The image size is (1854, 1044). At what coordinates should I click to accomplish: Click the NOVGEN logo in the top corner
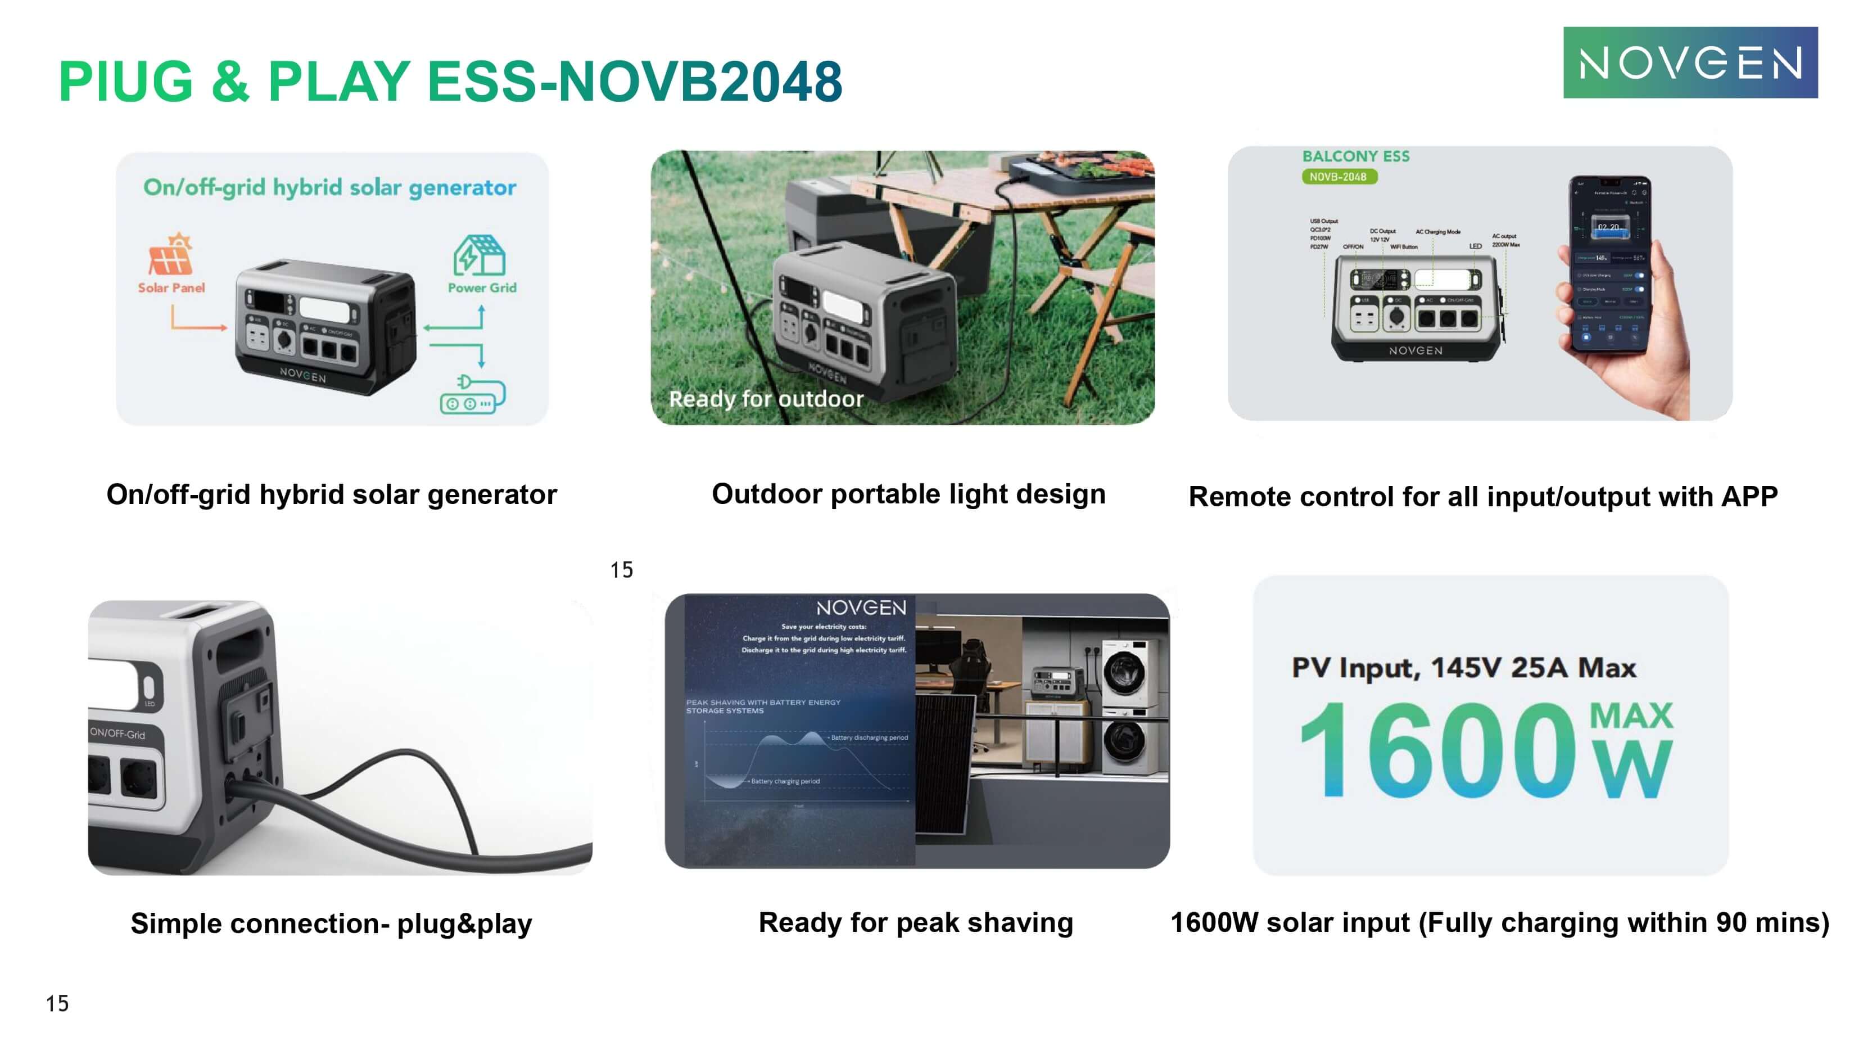pos(1690,62)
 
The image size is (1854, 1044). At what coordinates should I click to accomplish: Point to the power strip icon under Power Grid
pos(472,394)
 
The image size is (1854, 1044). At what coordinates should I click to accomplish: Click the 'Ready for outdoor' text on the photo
pos(766,399)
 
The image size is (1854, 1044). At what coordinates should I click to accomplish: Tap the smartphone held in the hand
pos(1610,263)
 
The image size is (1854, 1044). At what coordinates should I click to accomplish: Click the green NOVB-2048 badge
pos(1339,177)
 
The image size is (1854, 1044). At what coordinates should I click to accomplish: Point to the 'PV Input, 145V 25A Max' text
pos(1464,668)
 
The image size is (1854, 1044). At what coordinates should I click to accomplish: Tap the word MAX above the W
pos(1631,715)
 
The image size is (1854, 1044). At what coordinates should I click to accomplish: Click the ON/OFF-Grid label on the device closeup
pos(117,733)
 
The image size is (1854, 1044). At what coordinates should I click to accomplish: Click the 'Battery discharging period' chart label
pos(869,737)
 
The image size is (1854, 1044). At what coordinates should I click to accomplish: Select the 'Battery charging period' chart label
pos(785,781)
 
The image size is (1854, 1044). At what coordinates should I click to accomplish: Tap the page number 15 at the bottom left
pos(57,1003)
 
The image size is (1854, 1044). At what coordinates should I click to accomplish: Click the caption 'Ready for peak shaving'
pos(916,922)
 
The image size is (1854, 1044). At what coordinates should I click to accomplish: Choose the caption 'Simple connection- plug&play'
pos(331,923)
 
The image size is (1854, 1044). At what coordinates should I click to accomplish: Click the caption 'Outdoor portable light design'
pos(908,494)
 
